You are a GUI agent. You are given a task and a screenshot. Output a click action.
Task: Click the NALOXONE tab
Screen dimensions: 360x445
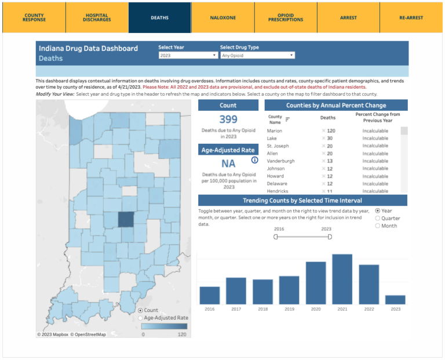[222, 17]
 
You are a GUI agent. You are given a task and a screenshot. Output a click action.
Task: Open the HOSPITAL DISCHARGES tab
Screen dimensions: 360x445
[97, 17]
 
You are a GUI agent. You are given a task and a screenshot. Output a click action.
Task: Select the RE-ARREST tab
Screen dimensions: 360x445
[411, 17]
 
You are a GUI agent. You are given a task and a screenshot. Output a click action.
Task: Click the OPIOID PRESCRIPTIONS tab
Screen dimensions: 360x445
[286, 17]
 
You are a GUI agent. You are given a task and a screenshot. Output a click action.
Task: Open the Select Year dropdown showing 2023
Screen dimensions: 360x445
[188, 56]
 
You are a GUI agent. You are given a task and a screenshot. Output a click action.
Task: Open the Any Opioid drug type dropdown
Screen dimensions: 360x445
[257, 56]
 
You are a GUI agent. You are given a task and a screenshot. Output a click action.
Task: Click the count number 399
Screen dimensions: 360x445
[228, 119]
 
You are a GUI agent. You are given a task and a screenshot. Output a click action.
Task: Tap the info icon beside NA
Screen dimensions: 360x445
[254, 160]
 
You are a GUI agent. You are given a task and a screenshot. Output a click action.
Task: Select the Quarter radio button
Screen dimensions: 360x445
[378, 219]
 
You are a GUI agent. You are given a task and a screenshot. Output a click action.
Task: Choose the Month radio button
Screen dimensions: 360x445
[378, 226]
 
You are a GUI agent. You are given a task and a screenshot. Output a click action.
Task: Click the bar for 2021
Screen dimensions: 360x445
[342, 279]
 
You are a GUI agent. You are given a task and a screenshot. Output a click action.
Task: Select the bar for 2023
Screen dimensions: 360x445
[395, 299]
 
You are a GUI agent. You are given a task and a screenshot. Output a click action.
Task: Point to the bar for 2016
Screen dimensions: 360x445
[209, 295]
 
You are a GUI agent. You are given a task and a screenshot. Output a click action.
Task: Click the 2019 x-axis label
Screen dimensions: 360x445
[289, 310]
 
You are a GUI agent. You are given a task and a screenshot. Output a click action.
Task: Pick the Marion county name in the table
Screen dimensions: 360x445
[274, 131]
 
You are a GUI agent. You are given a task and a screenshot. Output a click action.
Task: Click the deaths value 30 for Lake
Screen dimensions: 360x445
[330, 139]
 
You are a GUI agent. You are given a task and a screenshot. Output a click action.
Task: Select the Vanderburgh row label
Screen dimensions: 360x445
[280, 161]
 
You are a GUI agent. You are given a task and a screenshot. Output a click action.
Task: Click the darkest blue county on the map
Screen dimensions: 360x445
[126, 220]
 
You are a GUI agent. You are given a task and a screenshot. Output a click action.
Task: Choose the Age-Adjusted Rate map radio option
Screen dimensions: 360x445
[141, 318]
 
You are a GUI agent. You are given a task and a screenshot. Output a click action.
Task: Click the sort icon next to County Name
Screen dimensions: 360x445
[287, 119]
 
